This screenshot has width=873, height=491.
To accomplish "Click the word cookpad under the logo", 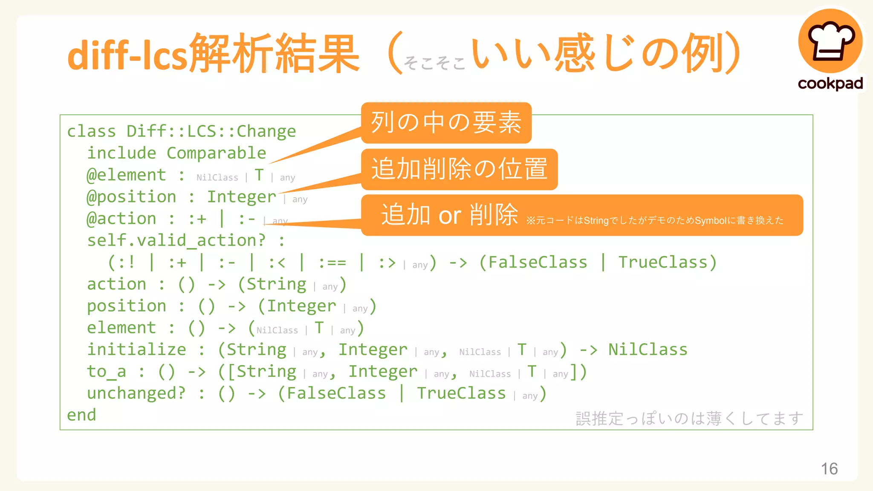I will tap(830, 84).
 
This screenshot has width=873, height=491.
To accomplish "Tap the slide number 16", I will tap(829, 468).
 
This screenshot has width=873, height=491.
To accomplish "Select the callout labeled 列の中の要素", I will tap(446, 123).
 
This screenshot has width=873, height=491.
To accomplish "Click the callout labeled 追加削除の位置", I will tap(459, 169).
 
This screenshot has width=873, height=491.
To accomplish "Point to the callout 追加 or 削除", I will tap(581, 215).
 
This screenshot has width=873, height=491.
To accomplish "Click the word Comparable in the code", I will tap(216, 153).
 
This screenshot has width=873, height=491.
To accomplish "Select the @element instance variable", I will tap(126, 175).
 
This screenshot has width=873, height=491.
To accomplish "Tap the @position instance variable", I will tap(131, 197).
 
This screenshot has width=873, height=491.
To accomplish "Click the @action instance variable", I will tap(121, 219).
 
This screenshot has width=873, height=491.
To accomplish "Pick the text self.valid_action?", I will tap(176, 240).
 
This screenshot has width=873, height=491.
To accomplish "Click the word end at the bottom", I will tap(81, 415).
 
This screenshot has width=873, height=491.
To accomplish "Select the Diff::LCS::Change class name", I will tap(211, 131).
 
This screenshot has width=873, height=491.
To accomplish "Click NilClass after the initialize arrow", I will tap(648, 349).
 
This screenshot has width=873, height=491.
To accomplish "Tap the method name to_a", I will tap(107, 372).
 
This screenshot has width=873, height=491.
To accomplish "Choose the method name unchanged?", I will tap(136, 393).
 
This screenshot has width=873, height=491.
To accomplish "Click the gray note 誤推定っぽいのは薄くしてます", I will tap(689, 419).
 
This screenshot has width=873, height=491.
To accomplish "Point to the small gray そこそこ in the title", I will tap(434, 63).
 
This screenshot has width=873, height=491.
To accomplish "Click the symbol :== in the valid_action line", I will tap(332, 263).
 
